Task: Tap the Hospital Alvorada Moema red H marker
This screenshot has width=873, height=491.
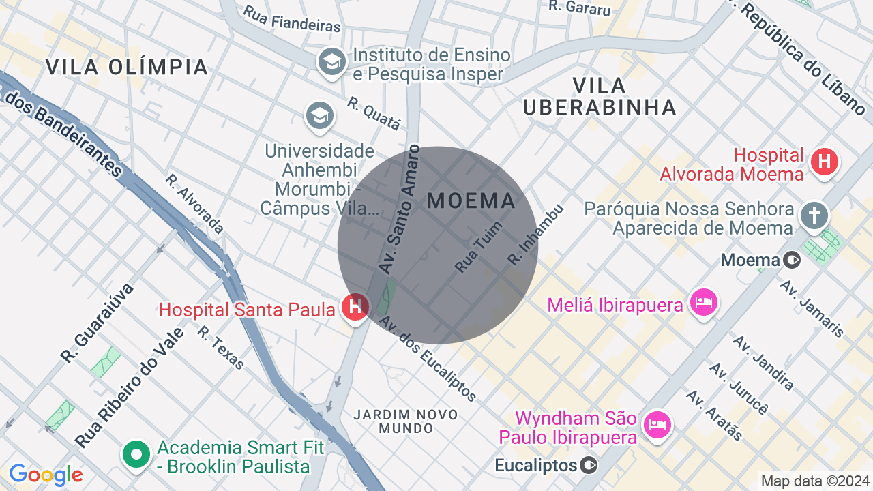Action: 824,162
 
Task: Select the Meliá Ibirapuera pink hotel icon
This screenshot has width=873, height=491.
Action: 703,302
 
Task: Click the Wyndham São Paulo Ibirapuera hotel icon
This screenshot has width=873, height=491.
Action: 657,425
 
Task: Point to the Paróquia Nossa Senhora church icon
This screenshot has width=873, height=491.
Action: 814,215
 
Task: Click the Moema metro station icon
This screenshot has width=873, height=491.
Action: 792,260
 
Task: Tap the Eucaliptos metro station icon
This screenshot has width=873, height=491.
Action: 588,466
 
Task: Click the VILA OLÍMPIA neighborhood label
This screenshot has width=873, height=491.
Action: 127,68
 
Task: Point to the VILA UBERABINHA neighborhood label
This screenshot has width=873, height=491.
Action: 600,96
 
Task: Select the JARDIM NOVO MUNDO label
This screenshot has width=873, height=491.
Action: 406,421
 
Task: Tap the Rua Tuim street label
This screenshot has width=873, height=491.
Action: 479,247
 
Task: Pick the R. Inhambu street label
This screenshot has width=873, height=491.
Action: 536,235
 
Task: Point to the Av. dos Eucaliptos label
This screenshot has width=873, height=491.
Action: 427,359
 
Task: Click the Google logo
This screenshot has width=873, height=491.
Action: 46,475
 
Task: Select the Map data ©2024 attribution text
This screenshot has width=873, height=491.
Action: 815,481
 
